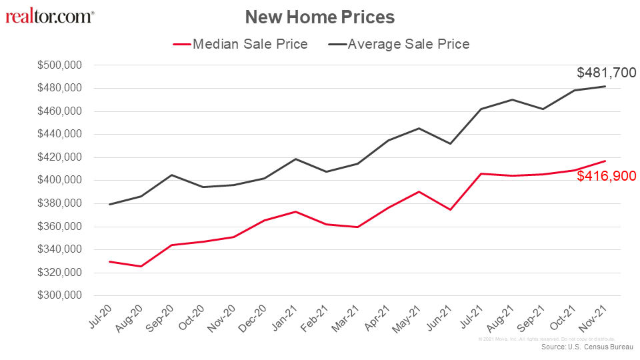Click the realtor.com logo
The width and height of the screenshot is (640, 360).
50,16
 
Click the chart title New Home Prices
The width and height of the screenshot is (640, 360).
319,17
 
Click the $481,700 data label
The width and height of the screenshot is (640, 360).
606,73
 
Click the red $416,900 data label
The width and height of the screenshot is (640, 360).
606,177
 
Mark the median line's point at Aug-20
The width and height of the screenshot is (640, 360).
140,267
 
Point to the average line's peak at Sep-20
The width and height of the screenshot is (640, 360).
171,175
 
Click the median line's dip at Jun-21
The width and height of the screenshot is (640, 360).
450,210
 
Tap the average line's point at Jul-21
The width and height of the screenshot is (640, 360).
481,109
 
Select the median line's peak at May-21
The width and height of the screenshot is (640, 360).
419,192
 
